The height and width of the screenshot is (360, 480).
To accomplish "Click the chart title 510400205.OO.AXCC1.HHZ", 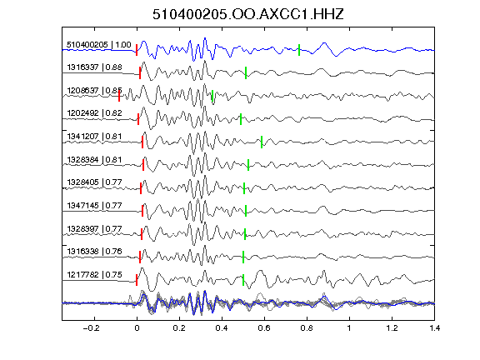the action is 248,14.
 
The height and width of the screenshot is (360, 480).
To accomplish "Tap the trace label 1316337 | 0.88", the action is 95,67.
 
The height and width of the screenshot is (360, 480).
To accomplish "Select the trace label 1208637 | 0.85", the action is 95,91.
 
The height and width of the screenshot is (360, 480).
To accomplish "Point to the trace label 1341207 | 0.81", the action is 95,136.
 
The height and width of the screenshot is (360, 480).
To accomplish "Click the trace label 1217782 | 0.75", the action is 95,275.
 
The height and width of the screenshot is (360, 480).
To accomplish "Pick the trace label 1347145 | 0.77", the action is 95,205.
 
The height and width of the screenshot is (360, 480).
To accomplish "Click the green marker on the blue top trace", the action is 299,50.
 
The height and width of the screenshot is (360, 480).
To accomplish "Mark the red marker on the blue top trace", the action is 137,50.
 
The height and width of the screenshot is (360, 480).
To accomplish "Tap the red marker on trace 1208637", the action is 119,96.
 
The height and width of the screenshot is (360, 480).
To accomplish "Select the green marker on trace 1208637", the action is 212,96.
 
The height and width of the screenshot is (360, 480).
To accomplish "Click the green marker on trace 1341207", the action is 262,142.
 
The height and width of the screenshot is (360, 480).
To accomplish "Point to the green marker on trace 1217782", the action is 243,280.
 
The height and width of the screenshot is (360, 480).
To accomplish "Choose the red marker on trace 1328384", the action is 143,165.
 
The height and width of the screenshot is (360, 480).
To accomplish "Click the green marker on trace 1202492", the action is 241,119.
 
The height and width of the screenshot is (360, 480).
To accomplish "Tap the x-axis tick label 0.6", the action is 264,328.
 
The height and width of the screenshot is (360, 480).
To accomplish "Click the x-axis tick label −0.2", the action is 92,328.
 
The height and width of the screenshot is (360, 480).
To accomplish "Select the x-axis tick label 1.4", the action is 434,328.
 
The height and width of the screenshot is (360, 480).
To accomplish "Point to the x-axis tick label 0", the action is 137,328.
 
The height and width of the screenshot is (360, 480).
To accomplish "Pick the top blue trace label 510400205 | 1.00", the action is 99,45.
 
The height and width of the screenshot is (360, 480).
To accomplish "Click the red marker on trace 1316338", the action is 140,257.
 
